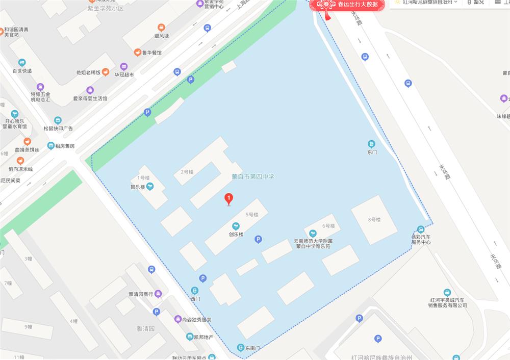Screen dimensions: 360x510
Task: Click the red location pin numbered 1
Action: coord(229,198)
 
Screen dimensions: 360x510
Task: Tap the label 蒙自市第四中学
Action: coord(253,176)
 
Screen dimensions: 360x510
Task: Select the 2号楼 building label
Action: coord(187,172)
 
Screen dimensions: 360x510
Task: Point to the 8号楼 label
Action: coord(374,219)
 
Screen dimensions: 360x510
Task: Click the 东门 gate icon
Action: coord(372,144)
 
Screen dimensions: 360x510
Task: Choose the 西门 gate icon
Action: coord(195,291)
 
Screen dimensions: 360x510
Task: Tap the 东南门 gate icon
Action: coord(240,348)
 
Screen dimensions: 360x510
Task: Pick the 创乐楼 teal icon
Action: coord(236,226)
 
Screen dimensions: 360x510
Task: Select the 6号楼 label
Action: coord(328,226)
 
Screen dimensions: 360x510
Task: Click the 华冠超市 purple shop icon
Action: coord(124,66)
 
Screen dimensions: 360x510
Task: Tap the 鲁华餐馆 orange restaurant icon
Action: coord(137,53)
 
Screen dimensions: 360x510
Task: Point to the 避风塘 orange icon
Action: coord(162,28)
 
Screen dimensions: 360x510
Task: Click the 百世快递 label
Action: coord(22,70)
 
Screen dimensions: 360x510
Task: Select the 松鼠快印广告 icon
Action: coord(58,120)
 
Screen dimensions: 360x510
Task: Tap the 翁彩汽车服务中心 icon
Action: coord(421,229)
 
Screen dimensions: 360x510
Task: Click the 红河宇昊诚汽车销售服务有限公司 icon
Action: coord(447,292)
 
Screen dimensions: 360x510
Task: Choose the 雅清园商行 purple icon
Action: coord(158,293)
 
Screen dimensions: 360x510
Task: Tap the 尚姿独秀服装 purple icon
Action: coord(177,319)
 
